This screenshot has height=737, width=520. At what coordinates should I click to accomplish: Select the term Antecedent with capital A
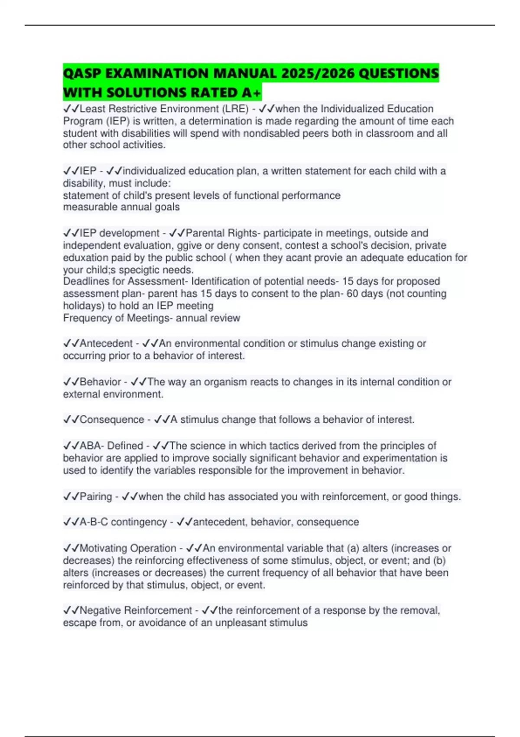(x=106, y=343)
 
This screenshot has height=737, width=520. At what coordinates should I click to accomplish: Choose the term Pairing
(x=96, y=496)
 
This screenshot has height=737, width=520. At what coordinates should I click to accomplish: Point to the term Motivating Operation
(x=128, y=548)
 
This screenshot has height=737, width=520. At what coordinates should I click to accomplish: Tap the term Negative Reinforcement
(x=136, y=610)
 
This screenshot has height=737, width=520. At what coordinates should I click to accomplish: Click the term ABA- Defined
(x=111, y=446)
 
